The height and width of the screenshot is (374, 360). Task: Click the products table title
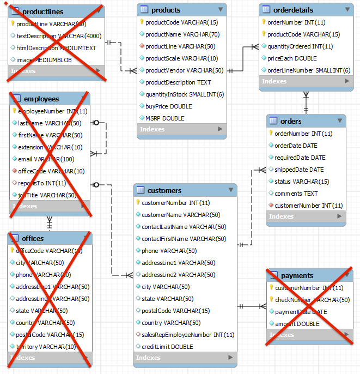pyautogui.click(x=166, y=10)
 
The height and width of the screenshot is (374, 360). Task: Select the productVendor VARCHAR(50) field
pyautogui.click(x=184, y=70)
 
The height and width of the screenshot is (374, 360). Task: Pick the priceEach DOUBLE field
pyautogui.click(x=292, y=58)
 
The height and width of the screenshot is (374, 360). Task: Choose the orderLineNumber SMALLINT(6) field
pyautogui.click(x=308, y=70)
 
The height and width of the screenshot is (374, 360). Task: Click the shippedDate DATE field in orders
pyautogui.click(x=299, y=170)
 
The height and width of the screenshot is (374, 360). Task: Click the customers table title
pyautogui.click(x=164, y=190)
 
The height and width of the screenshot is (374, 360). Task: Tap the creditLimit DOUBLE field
pyautogui.click(x=167, y=347)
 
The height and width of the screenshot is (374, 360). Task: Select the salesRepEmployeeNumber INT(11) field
pyautogui.click(x=188, y=335)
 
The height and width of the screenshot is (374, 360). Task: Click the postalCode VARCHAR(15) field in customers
pyautogui.click(x=175, y=311)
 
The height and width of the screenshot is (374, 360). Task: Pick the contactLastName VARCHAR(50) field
pyautogui.click(x=184, y=227)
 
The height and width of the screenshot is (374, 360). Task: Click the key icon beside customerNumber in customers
pyautogui.click(x=138, y=203)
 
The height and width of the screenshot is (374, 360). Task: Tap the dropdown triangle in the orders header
pyautogui.click(x=339, y=121)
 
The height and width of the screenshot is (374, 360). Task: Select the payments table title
pyautogui.click(x=297, y=275)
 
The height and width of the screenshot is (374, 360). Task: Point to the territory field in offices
pyautogui.click(x=46, y=347)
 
